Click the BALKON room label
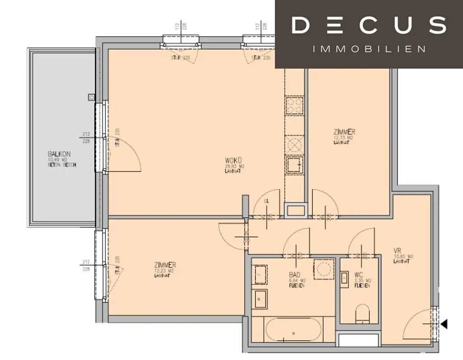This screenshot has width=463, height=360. (59, 154)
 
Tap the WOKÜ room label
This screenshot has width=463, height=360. (234, 160)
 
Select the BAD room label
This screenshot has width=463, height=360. (295, 275)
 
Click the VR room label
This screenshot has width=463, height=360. (398, 251)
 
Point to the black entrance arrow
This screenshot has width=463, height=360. (444, 324)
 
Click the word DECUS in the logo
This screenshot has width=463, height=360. (369, 25)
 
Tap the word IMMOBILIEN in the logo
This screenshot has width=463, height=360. (369, 49)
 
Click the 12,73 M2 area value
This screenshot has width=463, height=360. (344, 137)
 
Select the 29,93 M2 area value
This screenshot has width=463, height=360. (235, 166)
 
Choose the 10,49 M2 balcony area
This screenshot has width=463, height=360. (59, 160)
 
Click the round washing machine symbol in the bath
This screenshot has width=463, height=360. (324, 269)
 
